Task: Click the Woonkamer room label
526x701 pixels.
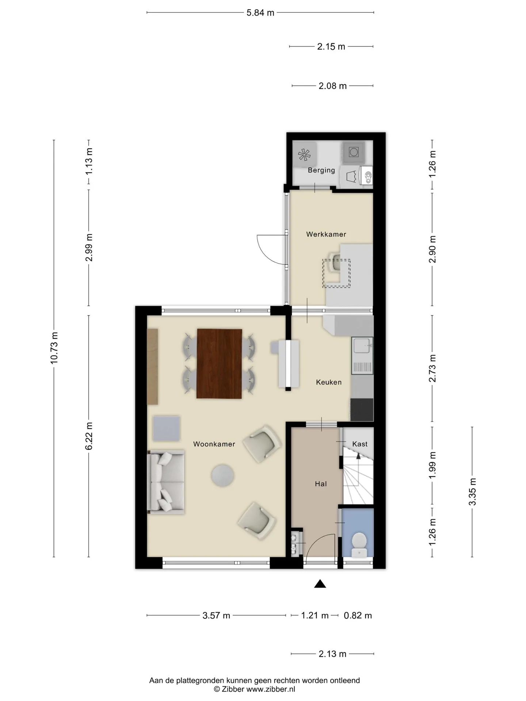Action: (x=214, y=444)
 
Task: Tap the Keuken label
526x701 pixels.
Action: (x=329, y=382)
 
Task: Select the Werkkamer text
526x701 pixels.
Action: (x=326, y=234)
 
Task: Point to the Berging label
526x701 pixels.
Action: (x=321, y=170)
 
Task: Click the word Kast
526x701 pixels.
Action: (x=360, y=444)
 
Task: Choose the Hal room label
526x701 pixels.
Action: (x=321, y=484)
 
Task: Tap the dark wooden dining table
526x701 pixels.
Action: (x=219, y=364)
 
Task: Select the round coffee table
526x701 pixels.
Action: (x=222, y=475)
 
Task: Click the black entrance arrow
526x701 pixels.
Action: (x=320, y=584)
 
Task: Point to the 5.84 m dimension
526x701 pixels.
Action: (x=260, y=13)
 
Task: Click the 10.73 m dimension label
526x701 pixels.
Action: (x=54, y=348)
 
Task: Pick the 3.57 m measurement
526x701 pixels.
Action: (x=216, y=616)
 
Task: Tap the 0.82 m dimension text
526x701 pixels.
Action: (x=358, y=616)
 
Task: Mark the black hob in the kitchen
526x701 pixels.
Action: (x=362, y=409)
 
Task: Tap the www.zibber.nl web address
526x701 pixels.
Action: (x=271, y=689)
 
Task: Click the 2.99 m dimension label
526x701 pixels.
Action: (x=89, y=248)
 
